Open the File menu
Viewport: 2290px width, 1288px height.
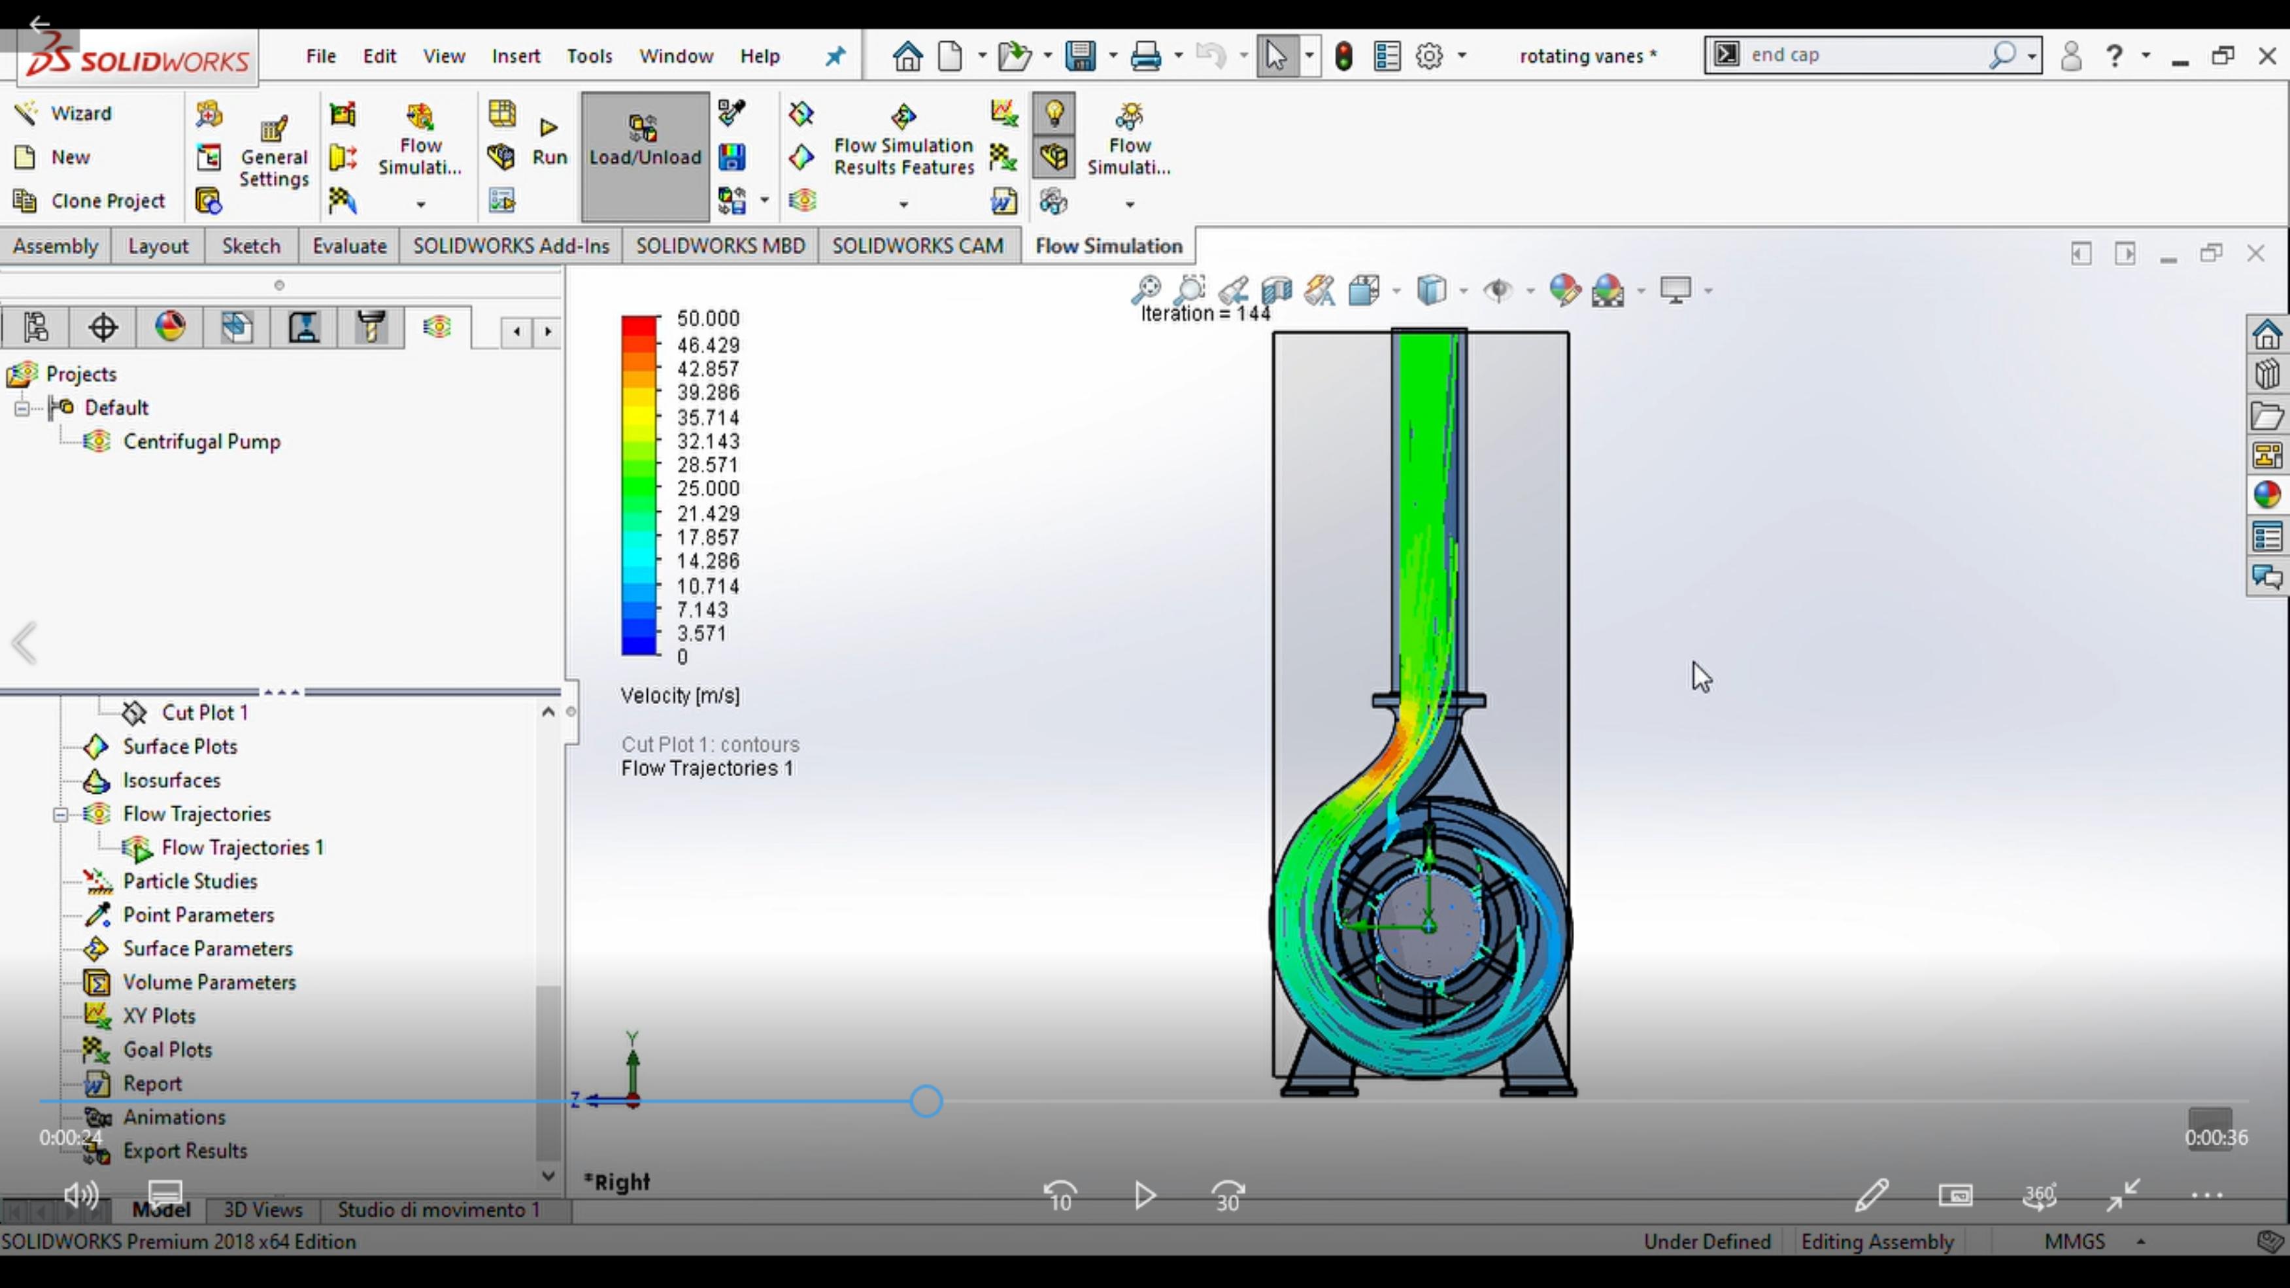tap(321, 56)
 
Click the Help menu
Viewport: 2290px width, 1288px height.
tap(760, 56)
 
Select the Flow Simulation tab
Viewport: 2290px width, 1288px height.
tap(1109, 246)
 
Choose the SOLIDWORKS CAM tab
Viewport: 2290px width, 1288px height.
tap(917, 246)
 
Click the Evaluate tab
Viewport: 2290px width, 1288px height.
tap(349, 246)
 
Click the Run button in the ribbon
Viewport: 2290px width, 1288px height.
tap(549, 143)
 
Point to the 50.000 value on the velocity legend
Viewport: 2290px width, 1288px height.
tap(707, 318)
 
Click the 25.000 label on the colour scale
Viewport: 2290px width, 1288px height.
tap(707, 489)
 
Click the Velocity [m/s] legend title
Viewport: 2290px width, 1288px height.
tap(680, 696)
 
